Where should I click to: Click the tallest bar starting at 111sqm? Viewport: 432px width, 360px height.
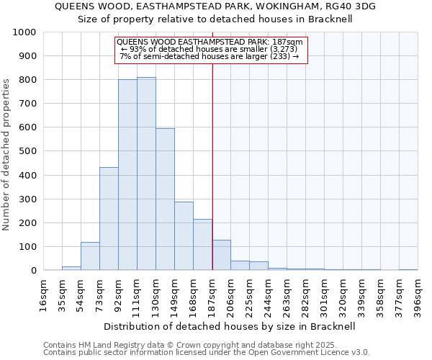[146, 174]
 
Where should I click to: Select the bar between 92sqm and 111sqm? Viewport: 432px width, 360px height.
[127, 175]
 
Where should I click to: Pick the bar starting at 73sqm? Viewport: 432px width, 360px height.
[109, 219]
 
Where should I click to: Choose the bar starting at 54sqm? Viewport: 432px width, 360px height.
[90, 256]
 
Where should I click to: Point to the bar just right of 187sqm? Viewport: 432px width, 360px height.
[221, 256]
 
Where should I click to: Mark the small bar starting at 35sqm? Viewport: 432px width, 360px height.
[71, 268]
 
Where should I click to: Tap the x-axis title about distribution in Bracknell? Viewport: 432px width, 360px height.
[230, 326]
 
